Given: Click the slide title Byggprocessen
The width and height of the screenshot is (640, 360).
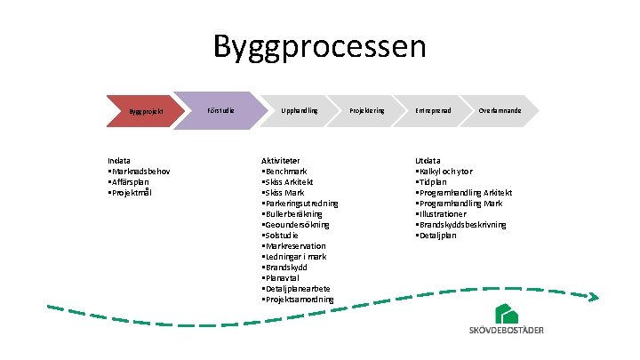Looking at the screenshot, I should [x=320, y=46].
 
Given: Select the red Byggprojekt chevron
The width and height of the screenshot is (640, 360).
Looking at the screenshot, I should [x=141, y=111].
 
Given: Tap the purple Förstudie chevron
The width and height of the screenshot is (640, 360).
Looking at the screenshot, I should [x=220, y=110].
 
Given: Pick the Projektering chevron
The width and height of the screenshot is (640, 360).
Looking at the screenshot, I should [x=367, y=110].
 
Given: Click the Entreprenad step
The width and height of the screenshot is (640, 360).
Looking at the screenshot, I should [x=433, y=110].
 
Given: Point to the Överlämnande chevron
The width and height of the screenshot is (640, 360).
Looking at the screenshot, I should [x=500, y=110].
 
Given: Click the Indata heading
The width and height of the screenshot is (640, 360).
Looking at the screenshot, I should [x=120, y=160].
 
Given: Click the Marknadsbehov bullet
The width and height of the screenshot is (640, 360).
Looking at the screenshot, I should [x=140, y=171].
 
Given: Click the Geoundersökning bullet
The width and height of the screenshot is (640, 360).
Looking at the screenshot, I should [x=296, y=224].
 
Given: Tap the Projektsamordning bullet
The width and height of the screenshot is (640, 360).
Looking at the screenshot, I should [x=300, y=300].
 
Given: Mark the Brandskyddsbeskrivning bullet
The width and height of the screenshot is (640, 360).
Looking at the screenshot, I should [x=462, y=224].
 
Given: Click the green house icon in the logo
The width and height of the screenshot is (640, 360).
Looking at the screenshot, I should [x=508, y=313].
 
